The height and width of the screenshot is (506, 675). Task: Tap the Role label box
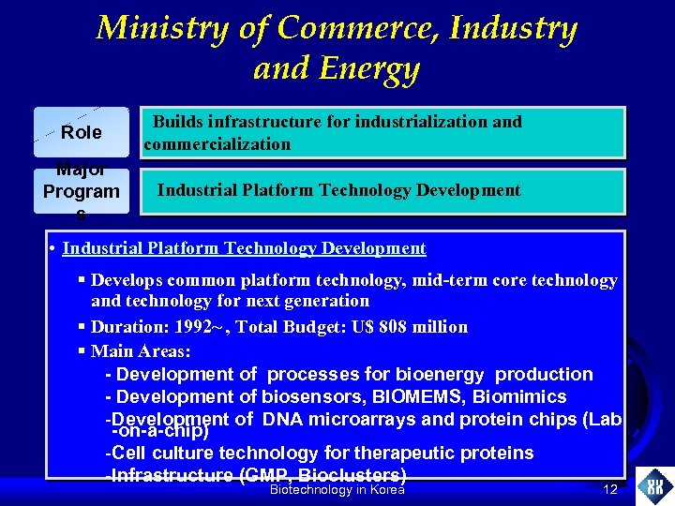tap(82, 132)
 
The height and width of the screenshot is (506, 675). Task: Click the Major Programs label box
tap(82, 191)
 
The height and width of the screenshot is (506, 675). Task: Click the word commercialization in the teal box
tap(217, 144)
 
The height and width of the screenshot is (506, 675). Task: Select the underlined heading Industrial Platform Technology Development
tap(244, 248)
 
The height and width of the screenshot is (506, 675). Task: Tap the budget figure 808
tap(371, 327)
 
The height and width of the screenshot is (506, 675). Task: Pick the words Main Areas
tap(141, 351)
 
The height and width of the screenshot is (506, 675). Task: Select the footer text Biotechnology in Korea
tap(337, 490)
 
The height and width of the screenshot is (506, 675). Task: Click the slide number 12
tap(610, 490)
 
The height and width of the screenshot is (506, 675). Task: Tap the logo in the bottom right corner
tap(654, 486)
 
